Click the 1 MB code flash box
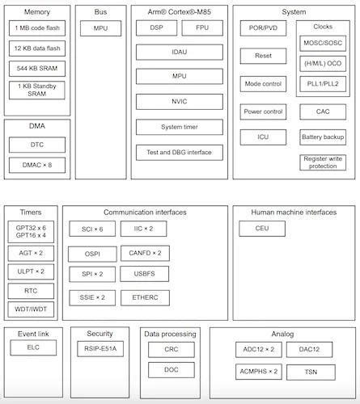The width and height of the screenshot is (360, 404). (37, 28)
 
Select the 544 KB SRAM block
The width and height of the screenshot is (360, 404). (37, 69)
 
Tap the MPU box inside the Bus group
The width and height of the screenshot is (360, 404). (100, 28)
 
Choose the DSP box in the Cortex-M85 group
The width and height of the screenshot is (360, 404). (157, 28)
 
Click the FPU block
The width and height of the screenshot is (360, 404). (202, 28)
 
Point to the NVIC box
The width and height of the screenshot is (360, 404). (180, 102)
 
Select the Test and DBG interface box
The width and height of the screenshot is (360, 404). (180, 151)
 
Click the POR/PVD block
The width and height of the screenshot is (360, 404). (263, 28)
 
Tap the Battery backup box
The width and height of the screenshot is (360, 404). (323, 137)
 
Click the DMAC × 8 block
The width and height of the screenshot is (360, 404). (37, 165)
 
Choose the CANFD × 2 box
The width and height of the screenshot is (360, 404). (145, 253)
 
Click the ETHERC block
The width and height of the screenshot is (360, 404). (145, 297)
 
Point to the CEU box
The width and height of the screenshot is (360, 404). (262, 229)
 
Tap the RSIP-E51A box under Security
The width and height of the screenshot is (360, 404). (100, 348)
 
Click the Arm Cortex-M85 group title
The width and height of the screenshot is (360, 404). (180, 12)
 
